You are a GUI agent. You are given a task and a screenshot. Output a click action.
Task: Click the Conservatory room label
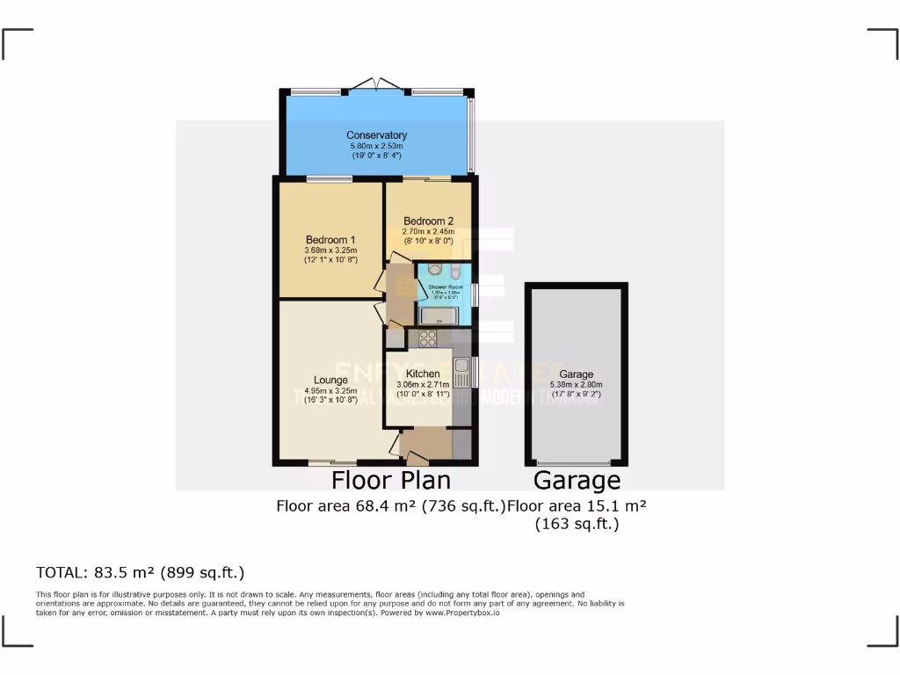[376, 135]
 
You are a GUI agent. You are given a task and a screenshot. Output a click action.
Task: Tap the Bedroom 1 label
[330, 240]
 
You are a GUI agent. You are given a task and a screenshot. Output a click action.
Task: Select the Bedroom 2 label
[429, 221]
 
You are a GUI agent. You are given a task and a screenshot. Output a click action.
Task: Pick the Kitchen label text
[423, 374]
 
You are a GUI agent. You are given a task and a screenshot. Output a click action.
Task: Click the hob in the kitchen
[428, 337]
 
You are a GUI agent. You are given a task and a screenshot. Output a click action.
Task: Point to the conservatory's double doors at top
[376, 85]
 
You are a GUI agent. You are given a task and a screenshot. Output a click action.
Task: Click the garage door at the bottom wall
[575, 462]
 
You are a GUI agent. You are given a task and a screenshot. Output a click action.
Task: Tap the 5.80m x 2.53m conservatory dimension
[376, 146]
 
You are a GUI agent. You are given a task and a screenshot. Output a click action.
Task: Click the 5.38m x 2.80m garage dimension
[576, 384]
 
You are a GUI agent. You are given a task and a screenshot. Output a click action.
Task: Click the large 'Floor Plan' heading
[390, 480]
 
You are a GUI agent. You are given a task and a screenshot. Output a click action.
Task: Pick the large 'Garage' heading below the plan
[577, 480]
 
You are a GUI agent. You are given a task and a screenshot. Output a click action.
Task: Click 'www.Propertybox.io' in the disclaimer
[462, 612]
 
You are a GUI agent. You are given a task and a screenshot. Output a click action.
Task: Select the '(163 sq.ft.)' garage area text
[577, 524]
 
